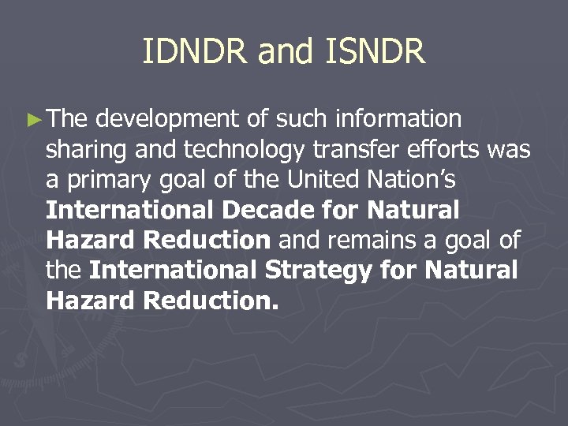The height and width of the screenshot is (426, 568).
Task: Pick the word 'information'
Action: click(x=398, y=119)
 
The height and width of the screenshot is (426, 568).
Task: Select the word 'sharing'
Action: click(x=84, y=150)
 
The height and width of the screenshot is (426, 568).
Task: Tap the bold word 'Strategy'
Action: click(x=319, y=270)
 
